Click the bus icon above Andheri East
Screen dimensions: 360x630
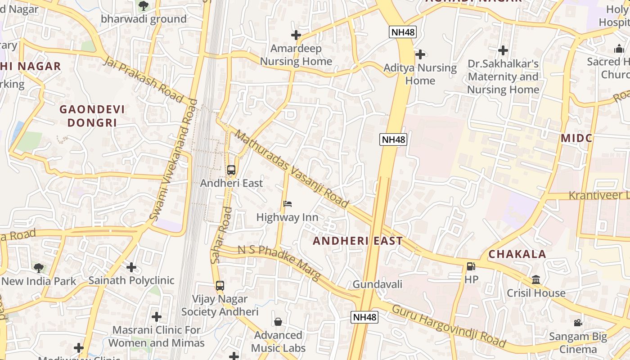coord(231,170)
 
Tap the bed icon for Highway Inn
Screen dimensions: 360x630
coord(288,204)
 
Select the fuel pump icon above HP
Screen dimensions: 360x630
coord(471,266)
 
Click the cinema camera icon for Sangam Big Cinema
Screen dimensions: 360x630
coord(578,323)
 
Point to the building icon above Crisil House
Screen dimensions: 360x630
coord(536,280)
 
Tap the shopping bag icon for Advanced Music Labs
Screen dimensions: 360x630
coord(278,322)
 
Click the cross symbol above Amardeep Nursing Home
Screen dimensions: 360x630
coord(296,35)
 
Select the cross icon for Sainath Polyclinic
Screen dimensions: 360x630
coord(131,267)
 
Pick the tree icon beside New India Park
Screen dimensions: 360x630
coord(39,268)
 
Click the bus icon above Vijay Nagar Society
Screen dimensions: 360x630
coord(220,285)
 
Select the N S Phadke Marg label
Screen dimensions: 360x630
coord(279,263)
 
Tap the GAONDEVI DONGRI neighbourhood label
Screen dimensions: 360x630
coord(92,116)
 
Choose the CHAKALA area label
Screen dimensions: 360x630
coord(517,254)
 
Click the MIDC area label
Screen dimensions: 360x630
coord(576,138)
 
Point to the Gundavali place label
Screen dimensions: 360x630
coord(377,284)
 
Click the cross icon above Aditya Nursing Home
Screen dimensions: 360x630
coord(420,54)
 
